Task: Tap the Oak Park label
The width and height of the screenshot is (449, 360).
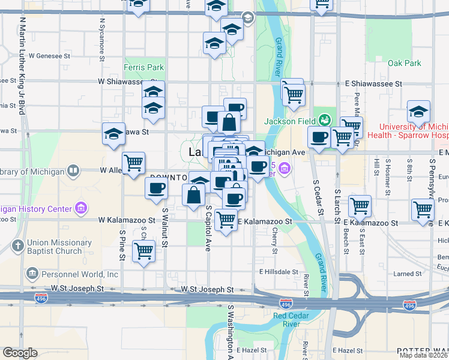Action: point(404,63)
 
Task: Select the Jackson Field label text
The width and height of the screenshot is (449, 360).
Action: point(290,121)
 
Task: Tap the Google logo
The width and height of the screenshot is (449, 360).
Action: point(20,353)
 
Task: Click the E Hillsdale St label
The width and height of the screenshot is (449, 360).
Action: point(279,272)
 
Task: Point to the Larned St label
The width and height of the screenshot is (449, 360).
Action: point(409,274)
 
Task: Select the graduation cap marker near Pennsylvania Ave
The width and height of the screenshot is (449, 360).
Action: point(418,112)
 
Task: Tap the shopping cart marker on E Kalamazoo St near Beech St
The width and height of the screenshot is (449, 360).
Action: point(360,206)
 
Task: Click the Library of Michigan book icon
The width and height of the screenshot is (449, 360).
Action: point(73,172)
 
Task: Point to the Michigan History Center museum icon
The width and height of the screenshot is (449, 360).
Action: point(80,209)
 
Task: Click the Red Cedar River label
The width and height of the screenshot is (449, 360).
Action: point(287,320)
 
